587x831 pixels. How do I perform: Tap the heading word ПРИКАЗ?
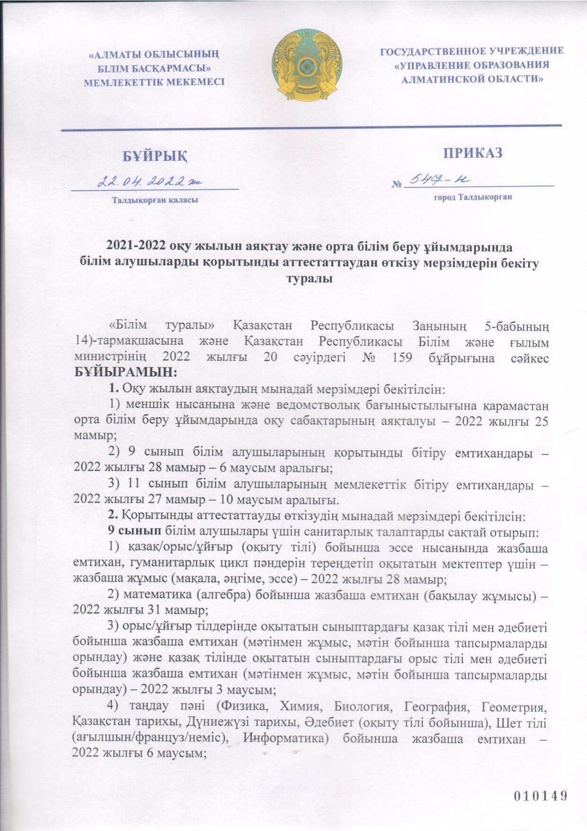pyautogui.click(x=472, y=153)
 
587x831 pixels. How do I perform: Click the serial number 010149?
pyautogui.click(x=540, y=795)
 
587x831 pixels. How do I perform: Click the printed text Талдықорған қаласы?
pyautogui.click(x=154, y=200)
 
